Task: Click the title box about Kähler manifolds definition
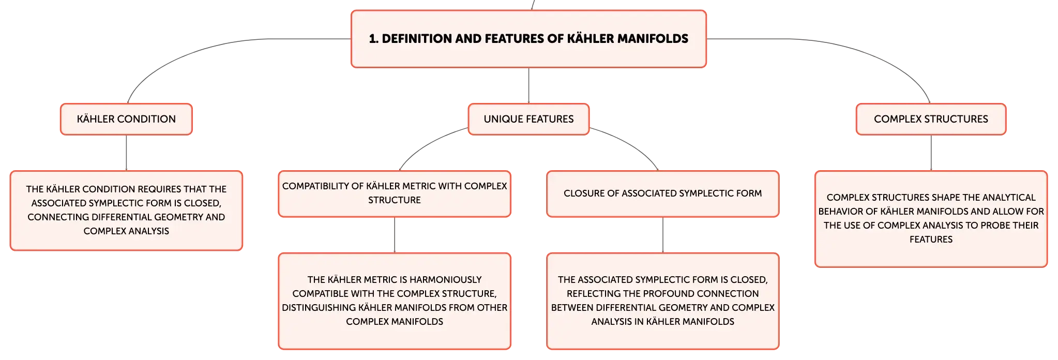coord(528,39)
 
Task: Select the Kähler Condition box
coord(126,119)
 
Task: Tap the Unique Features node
coord(528,119)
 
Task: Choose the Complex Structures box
coord(931,119)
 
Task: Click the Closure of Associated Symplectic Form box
coord(663,193)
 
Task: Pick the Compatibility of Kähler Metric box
coord(395,193)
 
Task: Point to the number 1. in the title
coord(373,39)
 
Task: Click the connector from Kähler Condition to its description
coord(126,153)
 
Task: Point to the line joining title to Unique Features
coord(528,86)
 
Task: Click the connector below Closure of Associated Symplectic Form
coord(663,235)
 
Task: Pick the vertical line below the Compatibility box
coord(395,235)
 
